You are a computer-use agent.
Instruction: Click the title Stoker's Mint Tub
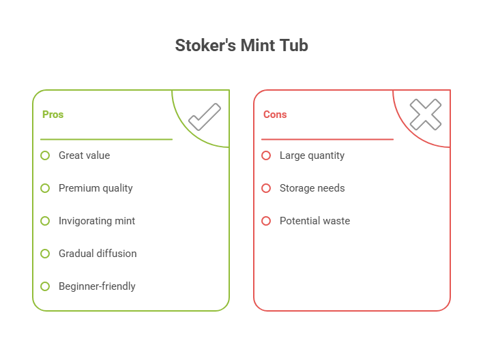(241, 46)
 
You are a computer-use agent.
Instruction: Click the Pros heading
(53, 115)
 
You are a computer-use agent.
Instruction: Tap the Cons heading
(275, 115)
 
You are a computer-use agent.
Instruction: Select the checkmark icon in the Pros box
(204, 117)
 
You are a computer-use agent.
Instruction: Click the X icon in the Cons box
(425, 115)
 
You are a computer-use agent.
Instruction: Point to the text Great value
(84, 155)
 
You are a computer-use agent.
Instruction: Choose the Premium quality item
(96, 188)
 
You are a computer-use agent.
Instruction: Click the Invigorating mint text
(96, 221)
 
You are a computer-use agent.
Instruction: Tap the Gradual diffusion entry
(97, 254)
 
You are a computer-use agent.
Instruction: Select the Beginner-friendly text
(96, 286)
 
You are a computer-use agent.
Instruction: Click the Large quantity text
(312, 155)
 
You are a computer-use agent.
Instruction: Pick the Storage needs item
(312, 188)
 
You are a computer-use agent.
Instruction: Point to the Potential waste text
(314, 221)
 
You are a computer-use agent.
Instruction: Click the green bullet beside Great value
(45, 155)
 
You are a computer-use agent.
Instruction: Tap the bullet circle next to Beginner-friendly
(45, 286)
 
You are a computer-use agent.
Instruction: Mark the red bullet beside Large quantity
(266, 155)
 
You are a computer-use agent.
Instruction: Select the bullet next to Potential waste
(266, 221)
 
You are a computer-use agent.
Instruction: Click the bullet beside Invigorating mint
(45, 221)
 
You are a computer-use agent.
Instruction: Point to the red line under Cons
(327, 139)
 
